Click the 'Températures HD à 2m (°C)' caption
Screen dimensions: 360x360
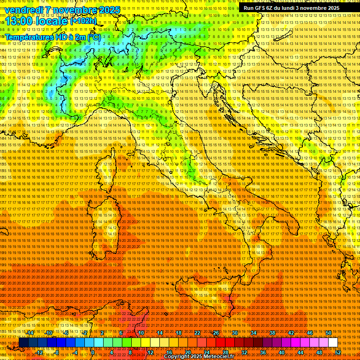[x=52, y=37]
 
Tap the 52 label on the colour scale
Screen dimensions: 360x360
[x=337, y=352]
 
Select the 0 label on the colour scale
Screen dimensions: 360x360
[x=93, y=352]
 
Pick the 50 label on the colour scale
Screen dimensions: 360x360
[x=328, y=333]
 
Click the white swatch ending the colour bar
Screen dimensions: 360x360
[x=333, y=343]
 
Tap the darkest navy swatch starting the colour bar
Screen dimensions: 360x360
[x=23, y=343]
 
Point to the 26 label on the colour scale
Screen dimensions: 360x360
[x=216, y=333]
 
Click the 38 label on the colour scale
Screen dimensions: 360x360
[x=272, y=333]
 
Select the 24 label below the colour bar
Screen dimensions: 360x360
[x=206, y=352]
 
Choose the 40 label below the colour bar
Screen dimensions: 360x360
[x=281, y=352]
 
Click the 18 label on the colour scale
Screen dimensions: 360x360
[x=178, y=333]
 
